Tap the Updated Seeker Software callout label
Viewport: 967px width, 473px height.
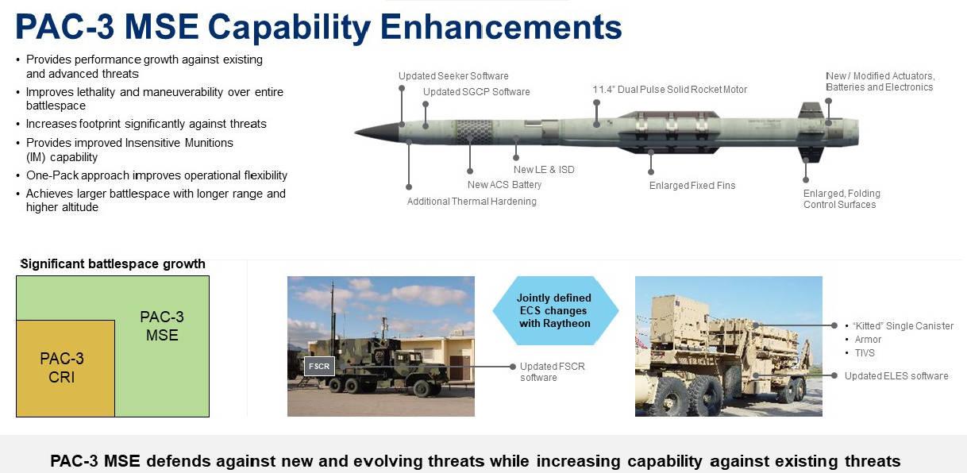tap(453, 76)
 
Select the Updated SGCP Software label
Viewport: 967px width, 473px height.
tap(476, 92)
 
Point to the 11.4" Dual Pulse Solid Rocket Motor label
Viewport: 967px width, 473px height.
tap(669, 90)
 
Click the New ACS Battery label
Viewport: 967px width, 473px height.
tap(504, 185)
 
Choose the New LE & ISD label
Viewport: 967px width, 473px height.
tap(544, 170)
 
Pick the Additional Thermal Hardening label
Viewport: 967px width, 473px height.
tap(472, 202)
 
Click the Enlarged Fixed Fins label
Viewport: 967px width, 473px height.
tap(692, 186)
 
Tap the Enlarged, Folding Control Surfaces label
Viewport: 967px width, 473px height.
tap(842, 199)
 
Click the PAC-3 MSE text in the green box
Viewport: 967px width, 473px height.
tap(161, 326)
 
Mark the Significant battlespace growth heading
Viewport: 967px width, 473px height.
tap(113, 264)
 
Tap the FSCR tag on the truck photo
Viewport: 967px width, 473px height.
tap(319, 367)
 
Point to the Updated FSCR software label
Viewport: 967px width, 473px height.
tap(553, 371)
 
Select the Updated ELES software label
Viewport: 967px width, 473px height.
tap(896, 375)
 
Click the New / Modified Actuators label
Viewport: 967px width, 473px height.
tap(880, 82)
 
